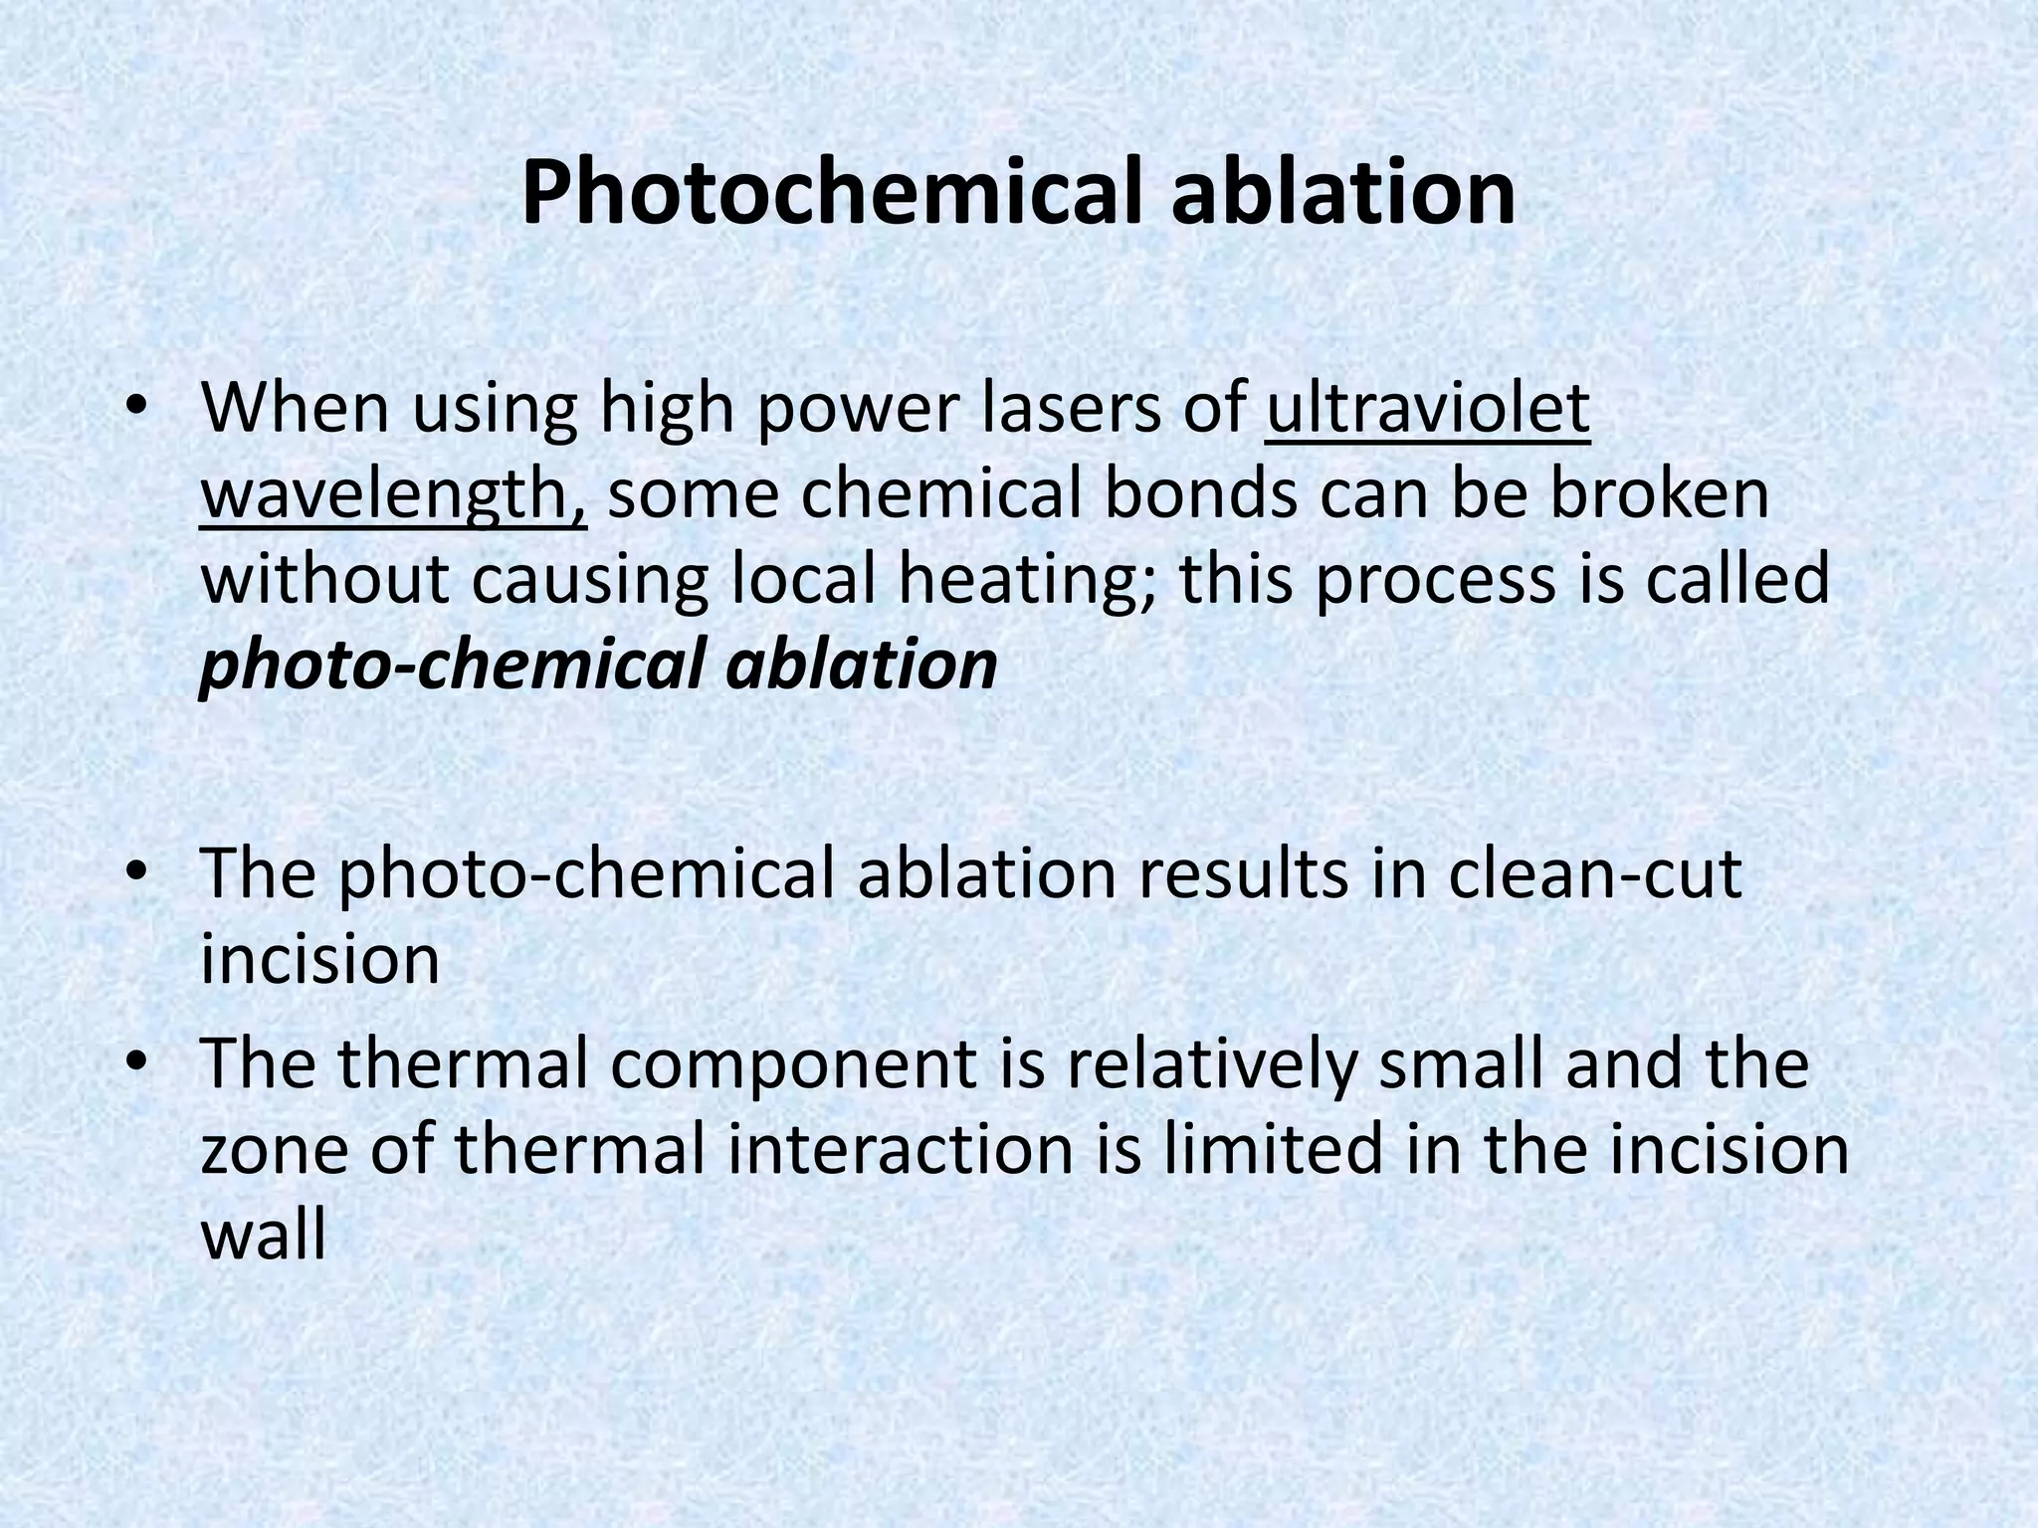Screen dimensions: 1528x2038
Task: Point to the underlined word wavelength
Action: tap(393, 494)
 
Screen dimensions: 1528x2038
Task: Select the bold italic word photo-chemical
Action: tap(454, 665)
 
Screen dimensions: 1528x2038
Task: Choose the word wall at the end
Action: tap(263, 1235)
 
